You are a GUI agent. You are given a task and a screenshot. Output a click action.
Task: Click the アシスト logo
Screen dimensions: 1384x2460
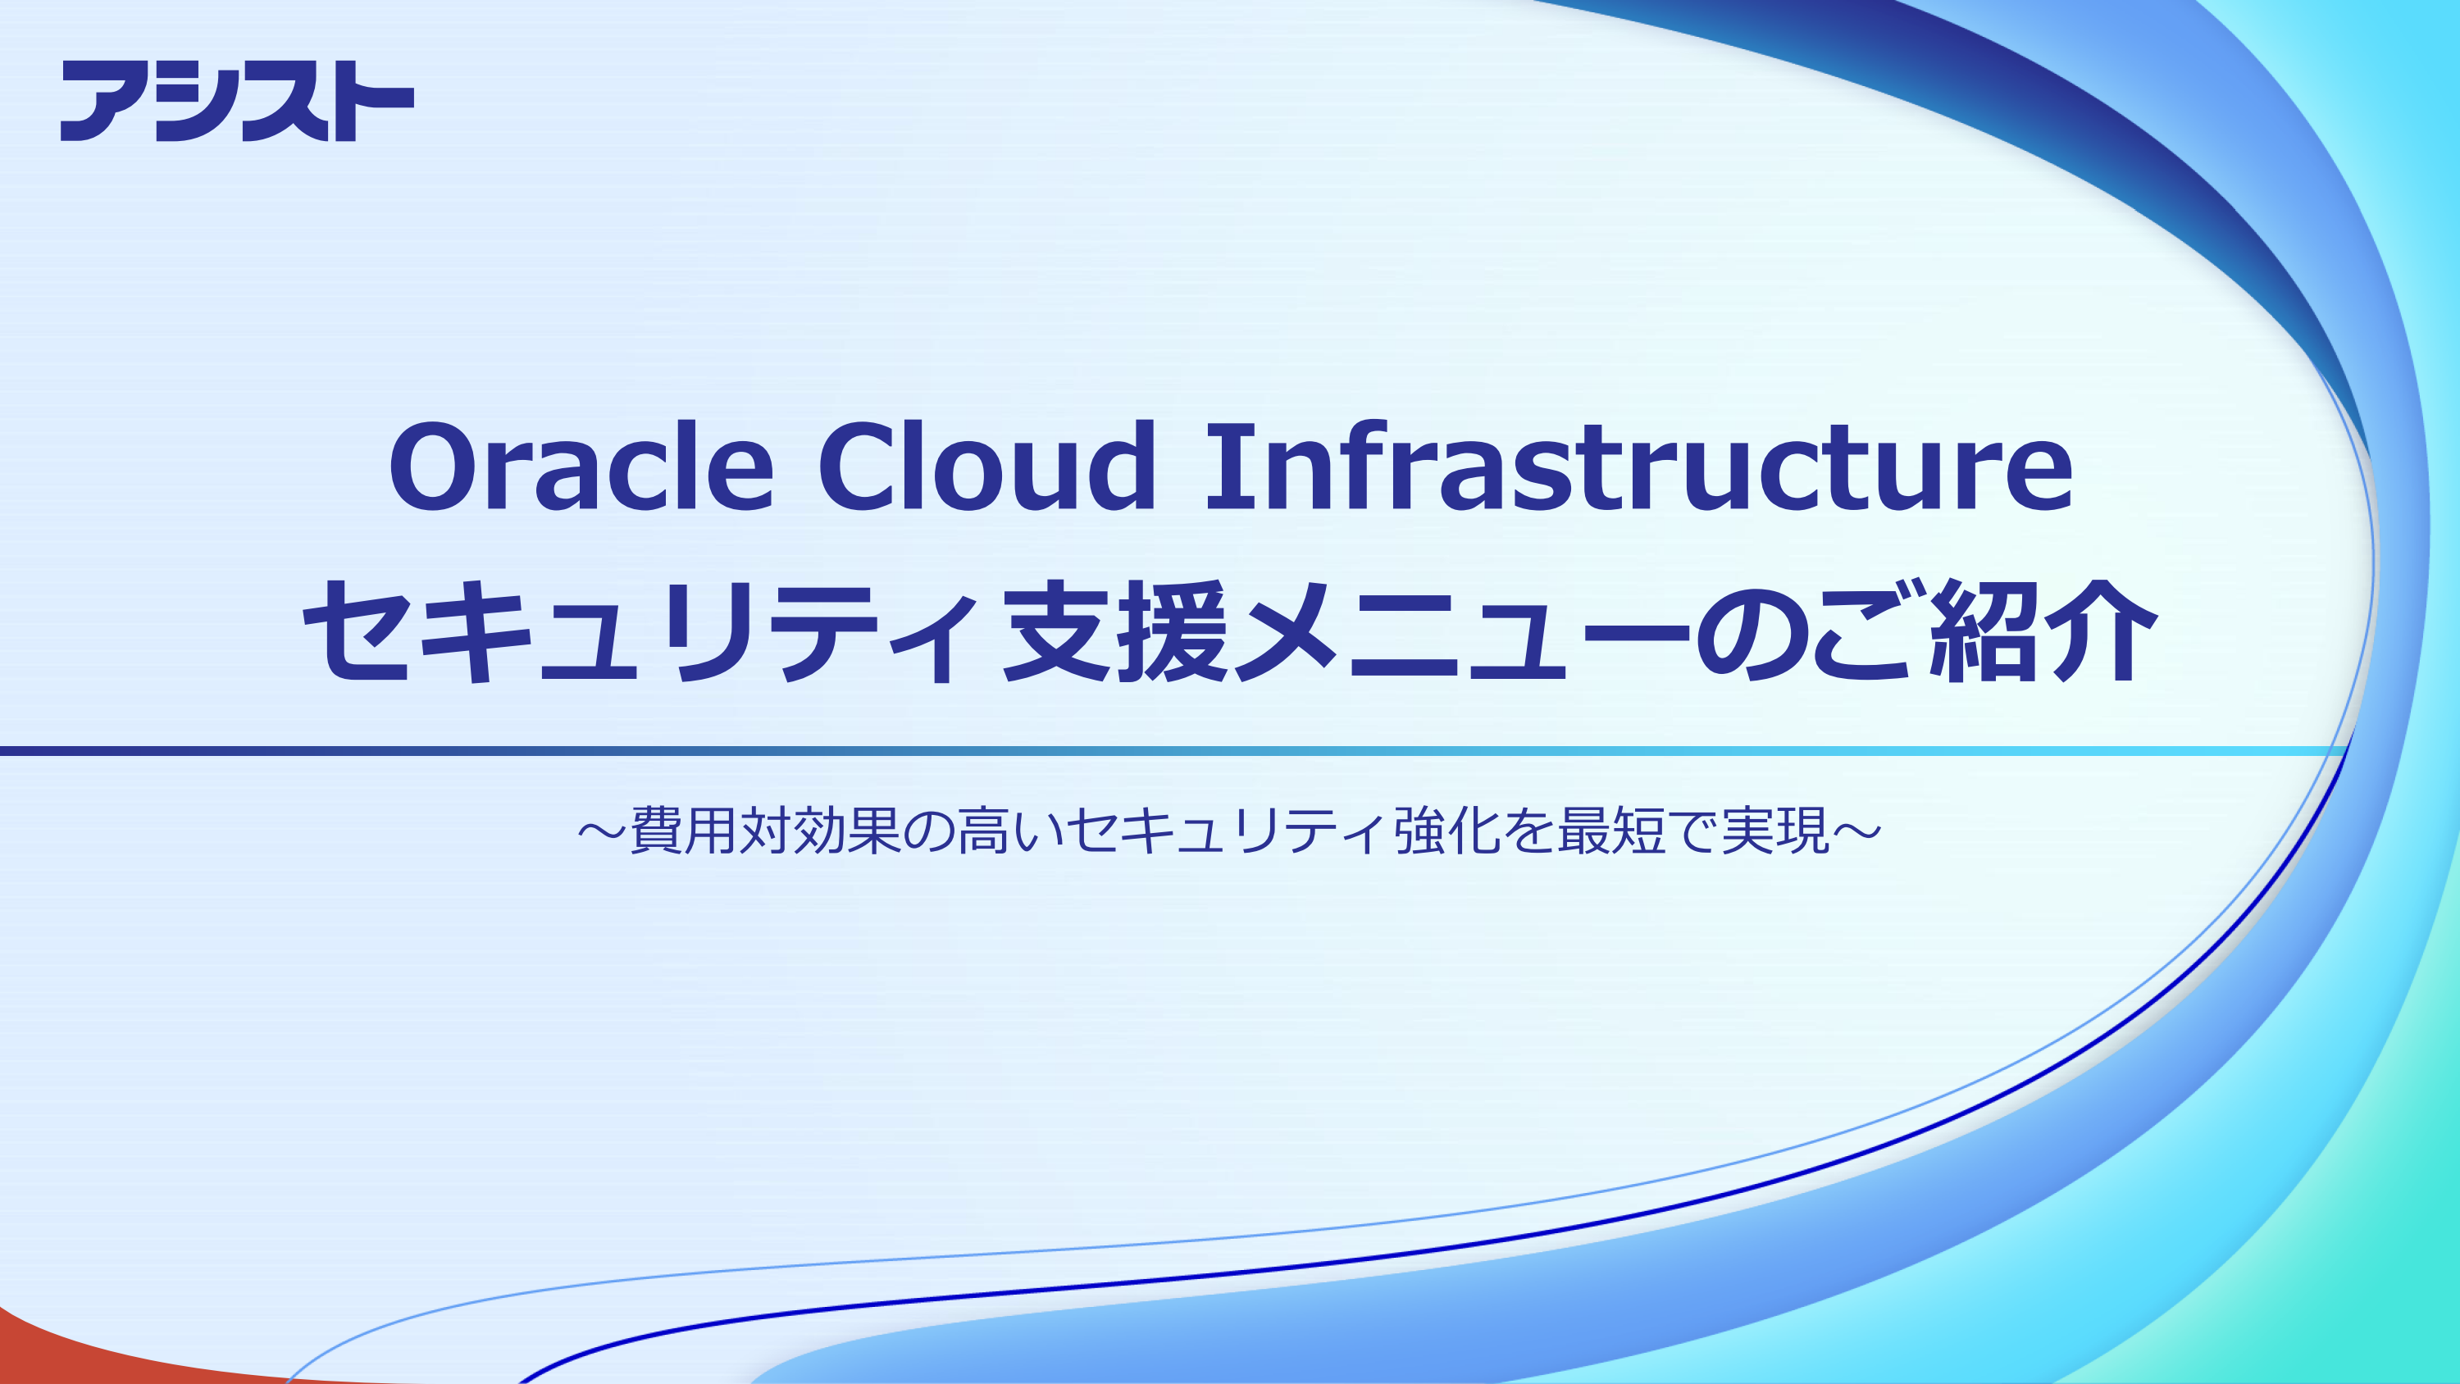click(237, 100)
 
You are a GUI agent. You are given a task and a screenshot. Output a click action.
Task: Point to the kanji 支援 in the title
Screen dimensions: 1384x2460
click(1114, 632)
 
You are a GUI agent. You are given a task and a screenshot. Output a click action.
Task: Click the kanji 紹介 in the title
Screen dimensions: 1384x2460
click(2043, 632)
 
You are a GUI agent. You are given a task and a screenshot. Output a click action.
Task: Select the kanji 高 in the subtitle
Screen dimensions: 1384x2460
click(985, 830)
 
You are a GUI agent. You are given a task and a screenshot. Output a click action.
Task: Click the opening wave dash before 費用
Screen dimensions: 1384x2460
click(602, 830)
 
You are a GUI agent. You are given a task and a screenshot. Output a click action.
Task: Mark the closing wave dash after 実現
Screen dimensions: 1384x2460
click(1856, 830)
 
